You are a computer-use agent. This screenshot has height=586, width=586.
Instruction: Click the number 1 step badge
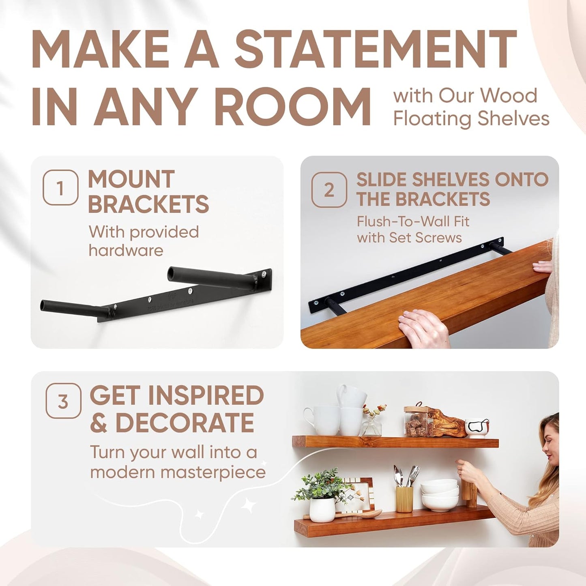click(60, 187)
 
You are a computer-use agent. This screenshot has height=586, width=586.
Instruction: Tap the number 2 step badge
click(329, 190)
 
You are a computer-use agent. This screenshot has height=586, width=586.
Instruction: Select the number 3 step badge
click(63, 401)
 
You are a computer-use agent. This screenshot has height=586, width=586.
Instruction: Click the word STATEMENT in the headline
click(376, 49)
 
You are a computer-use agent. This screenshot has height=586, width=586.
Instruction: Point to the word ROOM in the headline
click(292, 106)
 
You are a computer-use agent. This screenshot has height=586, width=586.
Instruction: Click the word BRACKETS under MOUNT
click(148, 204)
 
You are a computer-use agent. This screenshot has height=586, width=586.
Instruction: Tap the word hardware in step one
click(126, 250)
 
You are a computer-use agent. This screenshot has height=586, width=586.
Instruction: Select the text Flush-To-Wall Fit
click(413, 221)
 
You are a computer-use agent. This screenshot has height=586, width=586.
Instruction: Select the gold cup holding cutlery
click(404, 499)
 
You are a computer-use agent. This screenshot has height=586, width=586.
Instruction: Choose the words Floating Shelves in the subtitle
click(471, 119)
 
